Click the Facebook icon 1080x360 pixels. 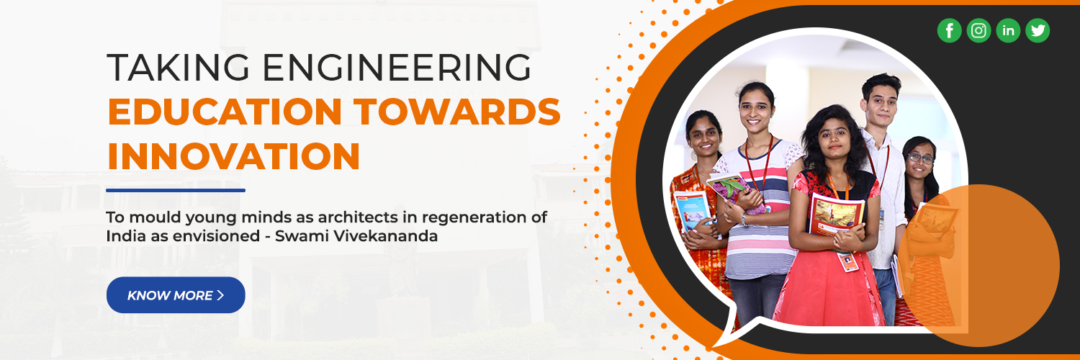(949, 30)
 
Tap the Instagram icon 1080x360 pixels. (978, 30)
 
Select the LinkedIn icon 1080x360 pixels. (1008, 30)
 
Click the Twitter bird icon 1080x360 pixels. (1038, 30)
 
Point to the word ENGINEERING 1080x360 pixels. (396, 68)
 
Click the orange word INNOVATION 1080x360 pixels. (233, 156)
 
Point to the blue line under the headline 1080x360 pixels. (176, 190)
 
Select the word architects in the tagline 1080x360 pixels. (339, 217)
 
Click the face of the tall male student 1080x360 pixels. (880, 101)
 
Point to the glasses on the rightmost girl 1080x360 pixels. (919, 158)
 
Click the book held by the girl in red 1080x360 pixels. (837, 214)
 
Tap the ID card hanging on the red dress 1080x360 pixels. (848, 262)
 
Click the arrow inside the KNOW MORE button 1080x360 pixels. (220, 295)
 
